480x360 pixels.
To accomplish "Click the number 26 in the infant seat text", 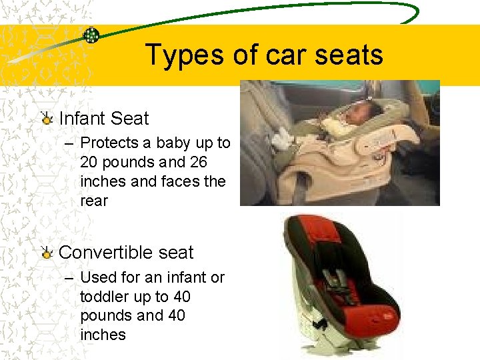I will [x=198, y=162].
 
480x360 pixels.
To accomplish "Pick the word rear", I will [x=93, y=201].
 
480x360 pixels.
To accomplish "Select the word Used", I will [x=96, y=277].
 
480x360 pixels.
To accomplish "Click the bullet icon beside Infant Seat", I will [x=47, y=119].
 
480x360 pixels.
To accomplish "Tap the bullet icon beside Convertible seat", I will [x=47, y=253].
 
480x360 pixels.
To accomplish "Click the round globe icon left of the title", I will [x=91, y=35].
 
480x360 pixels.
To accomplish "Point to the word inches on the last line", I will [x=103, y=335].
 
